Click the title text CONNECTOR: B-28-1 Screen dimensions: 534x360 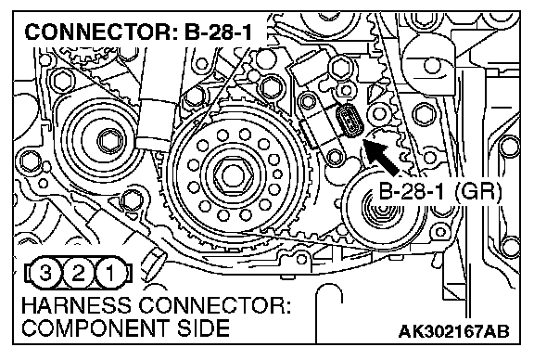138,32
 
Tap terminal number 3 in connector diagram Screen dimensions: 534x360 46,273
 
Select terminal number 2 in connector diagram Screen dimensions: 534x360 78,273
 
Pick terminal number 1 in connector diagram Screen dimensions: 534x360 110,273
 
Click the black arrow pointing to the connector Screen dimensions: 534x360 381,157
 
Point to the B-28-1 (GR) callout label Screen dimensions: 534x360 440,192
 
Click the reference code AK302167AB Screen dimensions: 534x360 454,331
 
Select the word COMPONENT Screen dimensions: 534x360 95,328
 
